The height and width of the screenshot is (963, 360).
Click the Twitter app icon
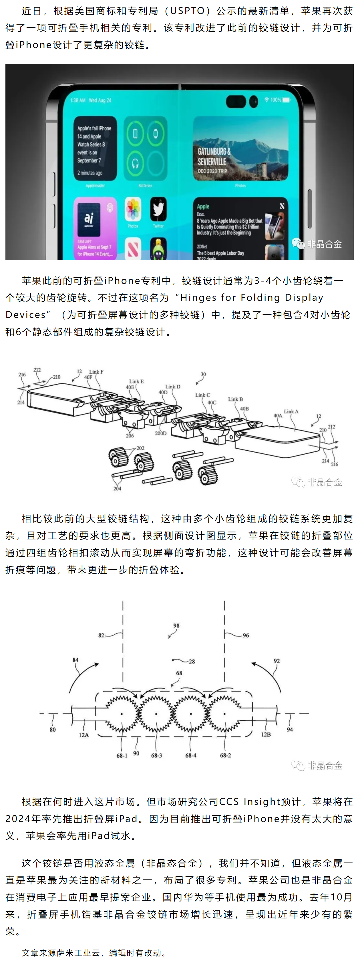[x=158, y=209]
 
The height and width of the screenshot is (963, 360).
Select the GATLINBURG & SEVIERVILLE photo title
[x=214, y=156]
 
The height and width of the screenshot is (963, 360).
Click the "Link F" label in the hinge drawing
[x=96, y=372]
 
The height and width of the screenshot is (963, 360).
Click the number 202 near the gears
[x=140, y=448]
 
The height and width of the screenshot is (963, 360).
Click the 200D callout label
[x=160, y=433]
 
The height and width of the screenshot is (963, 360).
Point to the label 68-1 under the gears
[x=122, y=755]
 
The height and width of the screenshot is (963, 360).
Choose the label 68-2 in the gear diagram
[x=225, y=755]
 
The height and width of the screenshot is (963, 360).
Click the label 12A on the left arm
[x=84, y=735]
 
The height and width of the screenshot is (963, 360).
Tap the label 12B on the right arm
[x=266, y=734]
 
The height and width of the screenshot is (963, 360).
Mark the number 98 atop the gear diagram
[x=176, y=625]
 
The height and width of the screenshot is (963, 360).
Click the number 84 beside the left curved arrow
[x=75, y=660]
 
